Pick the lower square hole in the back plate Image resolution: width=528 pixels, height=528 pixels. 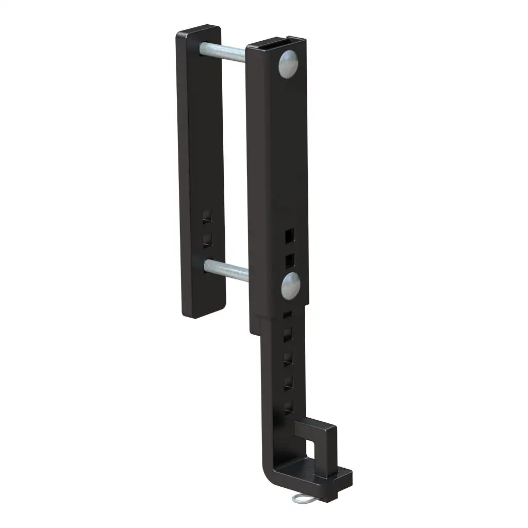[207, 239]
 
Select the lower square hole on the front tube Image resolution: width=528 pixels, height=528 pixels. [289, 259]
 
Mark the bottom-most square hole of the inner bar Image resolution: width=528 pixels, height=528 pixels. [289, 406]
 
